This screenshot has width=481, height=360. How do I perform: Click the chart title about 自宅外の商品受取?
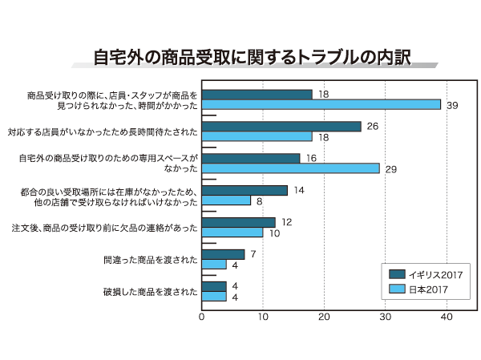click(x=252, y=59)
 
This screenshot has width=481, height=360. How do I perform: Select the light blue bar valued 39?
click(x=321, y=105)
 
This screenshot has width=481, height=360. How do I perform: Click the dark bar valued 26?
click(x=281, y=126)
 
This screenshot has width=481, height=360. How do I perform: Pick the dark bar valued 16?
click(x=251, y=158)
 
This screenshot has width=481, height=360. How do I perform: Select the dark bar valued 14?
click(x=245, y=190)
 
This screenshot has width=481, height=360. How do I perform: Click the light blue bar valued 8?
click(x=226, y=200)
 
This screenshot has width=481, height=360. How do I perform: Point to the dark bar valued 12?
click(x=238, y=222)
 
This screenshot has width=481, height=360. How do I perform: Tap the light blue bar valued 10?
click(x=232, y=233)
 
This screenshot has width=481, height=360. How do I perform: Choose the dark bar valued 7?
click(x=223, y=254)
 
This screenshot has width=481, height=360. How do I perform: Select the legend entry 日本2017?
click(x=417, y=289)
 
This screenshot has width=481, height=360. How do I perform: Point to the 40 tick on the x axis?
click(x=447, y=317)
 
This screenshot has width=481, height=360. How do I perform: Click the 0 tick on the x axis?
click(x=202, y=317)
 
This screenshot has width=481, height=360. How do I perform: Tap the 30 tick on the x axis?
click(x=386, y=317)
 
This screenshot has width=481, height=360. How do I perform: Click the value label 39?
click(x=452, y=105)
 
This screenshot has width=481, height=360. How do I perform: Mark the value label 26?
click(x=372, y=126)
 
